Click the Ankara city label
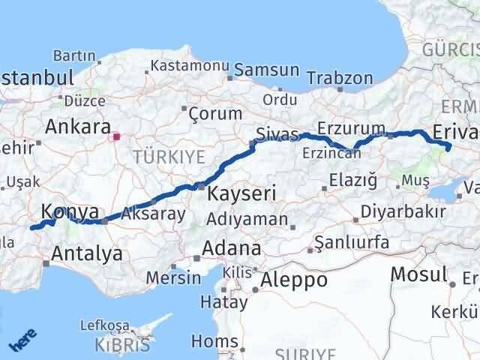[78, 126]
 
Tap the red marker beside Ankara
[116, 137]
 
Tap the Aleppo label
[293, 280]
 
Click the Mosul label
[419, 274]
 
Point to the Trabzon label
[340, 77]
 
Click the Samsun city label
[266, 70]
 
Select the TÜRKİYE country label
[169, 156]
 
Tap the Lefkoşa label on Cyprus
[104, 327]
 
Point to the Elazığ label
[352, 180]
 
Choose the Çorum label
[216, 114]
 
